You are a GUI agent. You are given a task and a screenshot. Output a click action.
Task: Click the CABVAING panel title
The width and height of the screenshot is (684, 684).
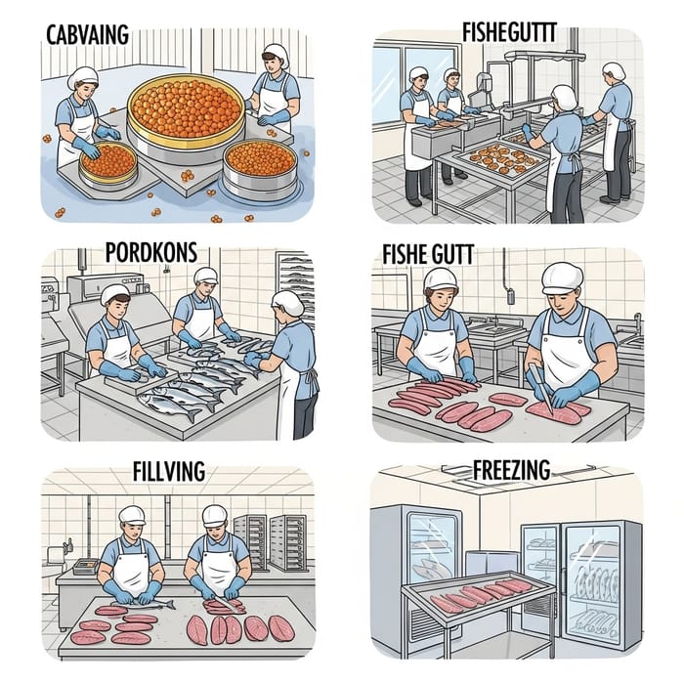pos(87,35)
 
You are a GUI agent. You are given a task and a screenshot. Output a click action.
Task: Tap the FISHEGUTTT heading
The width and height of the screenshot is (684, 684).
pos(509,32)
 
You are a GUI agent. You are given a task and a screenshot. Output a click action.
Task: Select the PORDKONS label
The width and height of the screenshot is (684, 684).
pos(151,252)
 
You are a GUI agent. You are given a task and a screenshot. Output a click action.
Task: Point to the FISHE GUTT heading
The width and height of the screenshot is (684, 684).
pos(428,255)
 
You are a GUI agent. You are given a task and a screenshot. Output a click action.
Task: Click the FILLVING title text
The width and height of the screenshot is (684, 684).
pos(169,471)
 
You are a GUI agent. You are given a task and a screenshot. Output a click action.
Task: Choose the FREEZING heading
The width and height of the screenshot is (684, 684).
pos(511,470)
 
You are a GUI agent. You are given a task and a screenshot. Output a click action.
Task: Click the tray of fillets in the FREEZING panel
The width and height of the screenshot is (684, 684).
pos(479,593)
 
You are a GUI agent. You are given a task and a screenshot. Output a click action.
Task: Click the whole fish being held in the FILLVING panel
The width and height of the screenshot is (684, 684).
pos(144,603)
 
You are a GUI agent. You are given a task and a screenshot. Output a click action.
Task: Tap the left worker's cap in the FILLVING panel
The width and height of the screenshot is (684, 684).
pos(132,515)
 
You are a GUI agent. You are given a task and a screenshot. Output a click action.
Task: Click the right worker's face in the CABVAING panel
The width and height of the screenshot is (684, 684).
pos(272,63)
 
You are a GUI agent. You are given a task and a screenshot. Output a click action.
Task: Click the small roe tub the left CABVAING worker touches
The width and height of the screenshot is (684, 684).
pos(108,163)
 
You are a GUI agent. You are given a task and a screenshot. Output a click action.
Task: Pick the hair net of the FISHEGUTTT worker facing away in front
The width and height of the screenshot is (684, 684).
pos(564,97)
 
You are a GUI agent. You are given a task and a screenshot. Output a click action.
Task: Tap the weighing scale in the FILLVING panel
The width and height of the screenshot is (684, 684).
pos(86,567)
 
